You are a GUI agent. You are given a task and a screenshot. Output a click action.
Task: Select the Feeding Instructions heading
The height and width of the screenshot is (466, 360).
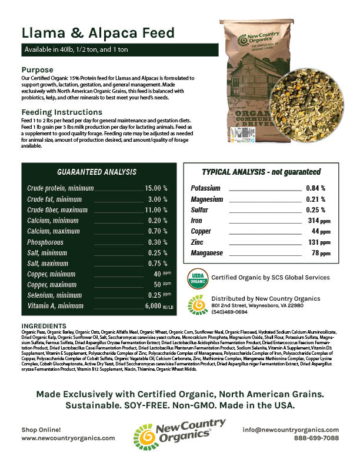pyautogui.click(x=63, y=112)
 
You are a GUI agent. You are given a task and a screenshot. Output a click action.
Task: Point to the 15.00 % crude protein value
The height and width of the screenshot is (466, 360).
pyautogui.click(x=156, y=188)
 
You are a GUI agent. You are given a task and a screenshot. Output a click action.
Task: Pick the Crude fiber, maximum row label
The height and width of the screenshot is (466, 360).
pyautogui.click(x=57, y=210)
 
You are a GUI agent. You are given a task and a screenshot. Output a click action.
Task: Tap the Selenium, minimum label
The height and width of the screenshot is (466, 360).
pyautogui.click(x=55, y=295)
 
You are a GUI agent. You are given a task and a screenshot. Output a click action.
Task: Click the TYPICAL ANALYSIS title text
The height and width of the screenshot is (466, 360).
pyautogui.click(x=261, y=172)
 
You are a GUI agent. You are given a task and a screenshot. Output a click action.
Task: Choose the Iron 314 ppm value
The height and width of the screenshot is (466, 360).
pyautogui.click(x=315, y=220)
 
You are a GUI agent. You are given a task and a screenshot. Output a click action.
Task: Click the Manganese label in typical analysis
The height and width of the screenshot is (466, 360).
pyautogui.click(x=208, y=253)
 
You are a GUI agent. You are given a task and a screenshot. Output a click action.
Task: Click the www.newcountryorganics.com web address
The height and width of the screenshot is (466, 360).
pyautogui.click(x=68, y=438)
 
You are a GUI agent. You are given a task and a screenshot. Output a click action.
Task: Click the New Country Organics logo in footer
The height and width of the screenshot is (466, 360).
pyautogui.click(x=179, y=434)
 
